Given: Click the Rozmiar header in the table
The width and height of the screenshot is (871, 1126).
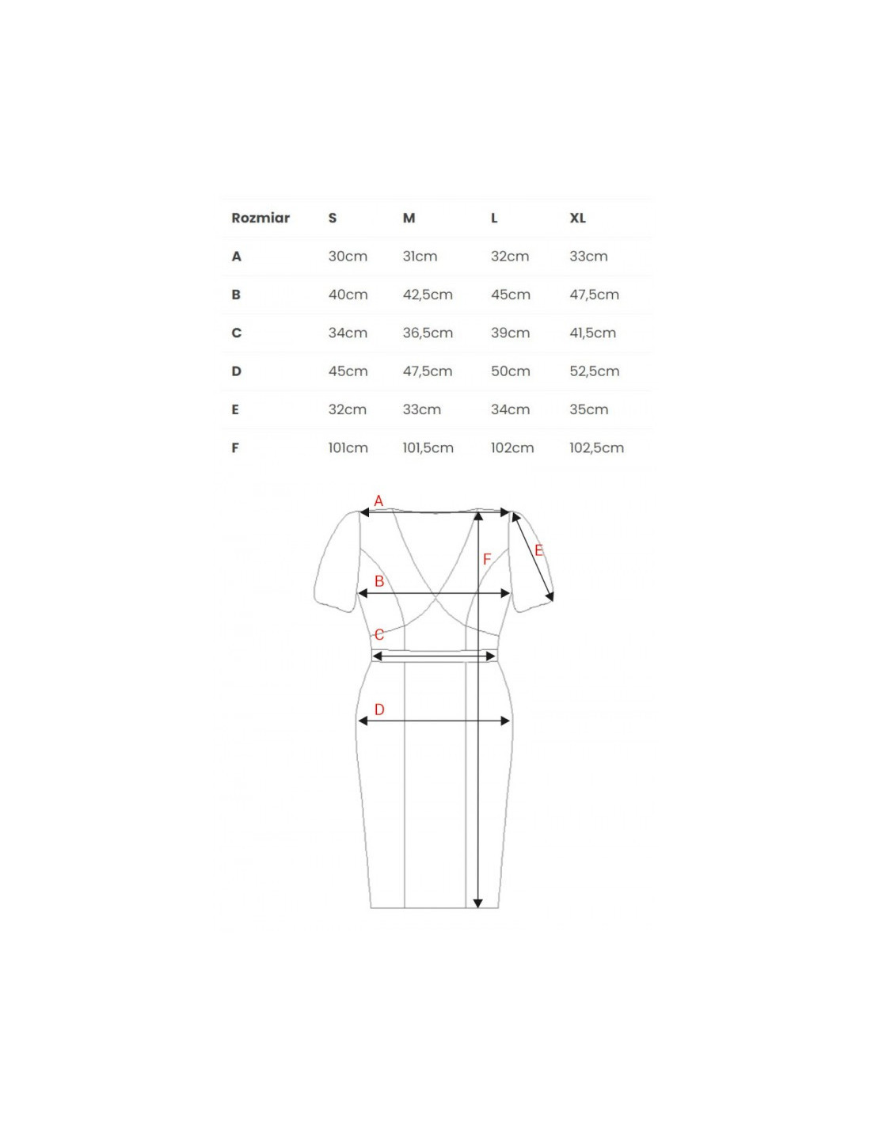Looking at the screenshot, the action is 260,218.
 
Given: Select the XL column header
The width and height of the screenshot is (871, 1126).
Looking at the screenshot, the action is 577,218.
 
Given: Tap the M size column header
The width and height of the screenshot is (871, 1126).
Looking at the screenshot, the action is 409,218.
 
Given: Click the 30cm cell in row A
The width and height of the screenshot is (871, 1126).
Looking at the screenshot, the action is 348,256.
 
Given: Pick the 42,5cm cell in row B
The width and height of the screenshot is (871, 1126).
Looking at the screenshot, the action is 428,295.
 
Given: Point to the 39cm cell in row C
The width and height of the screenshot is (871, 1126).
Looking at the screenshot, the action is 511,333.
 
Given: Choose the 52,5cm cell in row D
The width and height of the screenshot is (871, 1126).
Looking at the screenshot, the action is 595,371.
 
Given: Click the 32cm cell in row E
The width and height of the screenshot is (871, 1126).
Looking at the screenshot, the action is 348,409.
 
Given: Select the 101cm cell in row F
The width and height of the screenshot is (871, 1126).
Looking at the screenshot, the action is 348,447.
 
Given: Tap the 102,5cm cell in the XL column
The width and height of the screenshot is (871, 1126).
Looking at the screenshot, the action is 596,447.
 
